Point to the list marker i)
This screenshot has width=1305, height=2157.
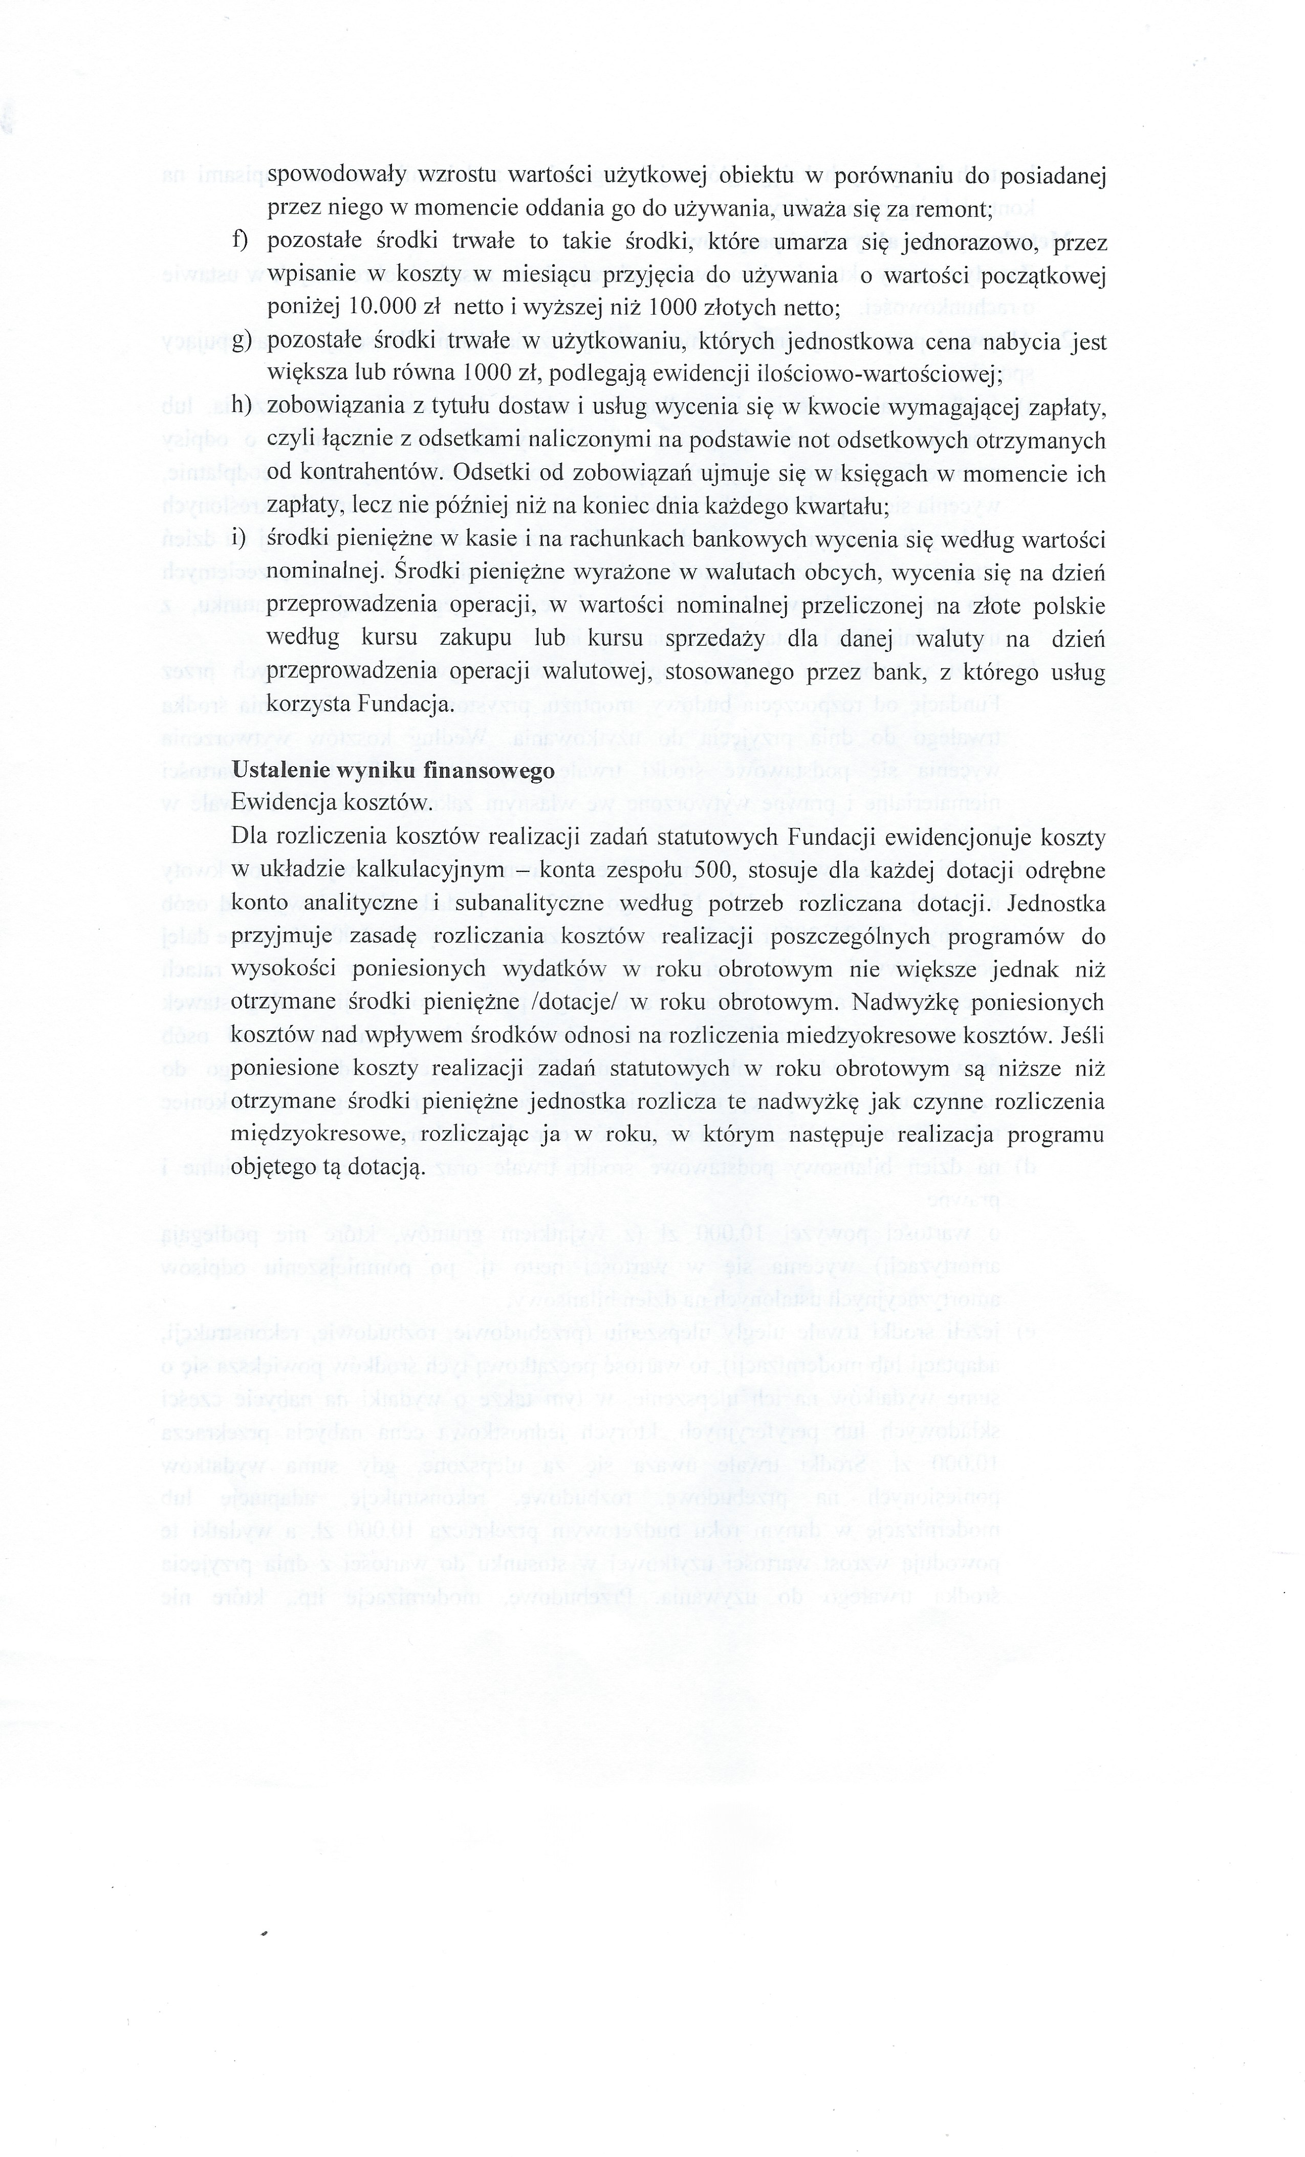pos(238,539)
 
